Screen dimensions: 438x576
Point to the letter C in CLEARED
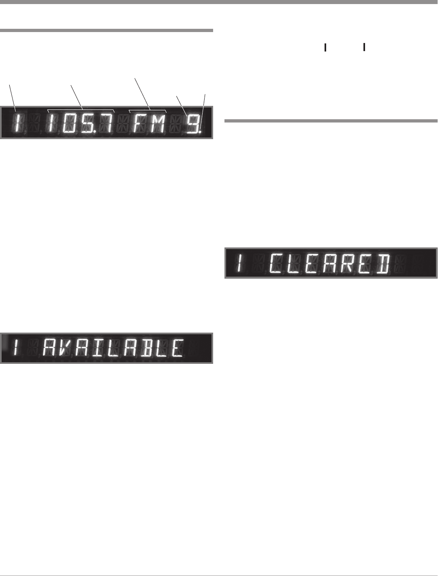[277, 264]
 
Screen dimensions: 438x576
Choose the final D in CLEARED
[382, 264]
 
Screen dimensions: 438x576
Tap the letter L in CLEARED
[295, 264]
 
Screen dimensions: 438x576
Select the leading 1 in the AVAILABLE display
[16, 348]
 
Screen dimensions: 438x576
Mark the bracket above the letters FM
[148, 110]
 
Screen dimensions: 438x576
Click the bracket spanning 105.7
[81, 110]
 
